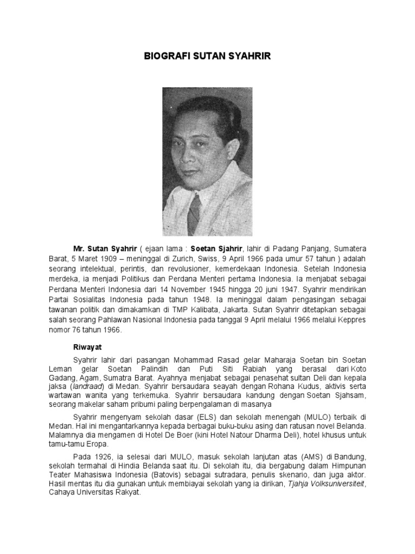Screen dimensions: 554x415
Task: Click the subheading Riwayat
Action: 87,348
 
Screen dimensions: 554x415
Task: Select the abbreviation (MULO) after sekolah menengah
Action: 303,418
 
